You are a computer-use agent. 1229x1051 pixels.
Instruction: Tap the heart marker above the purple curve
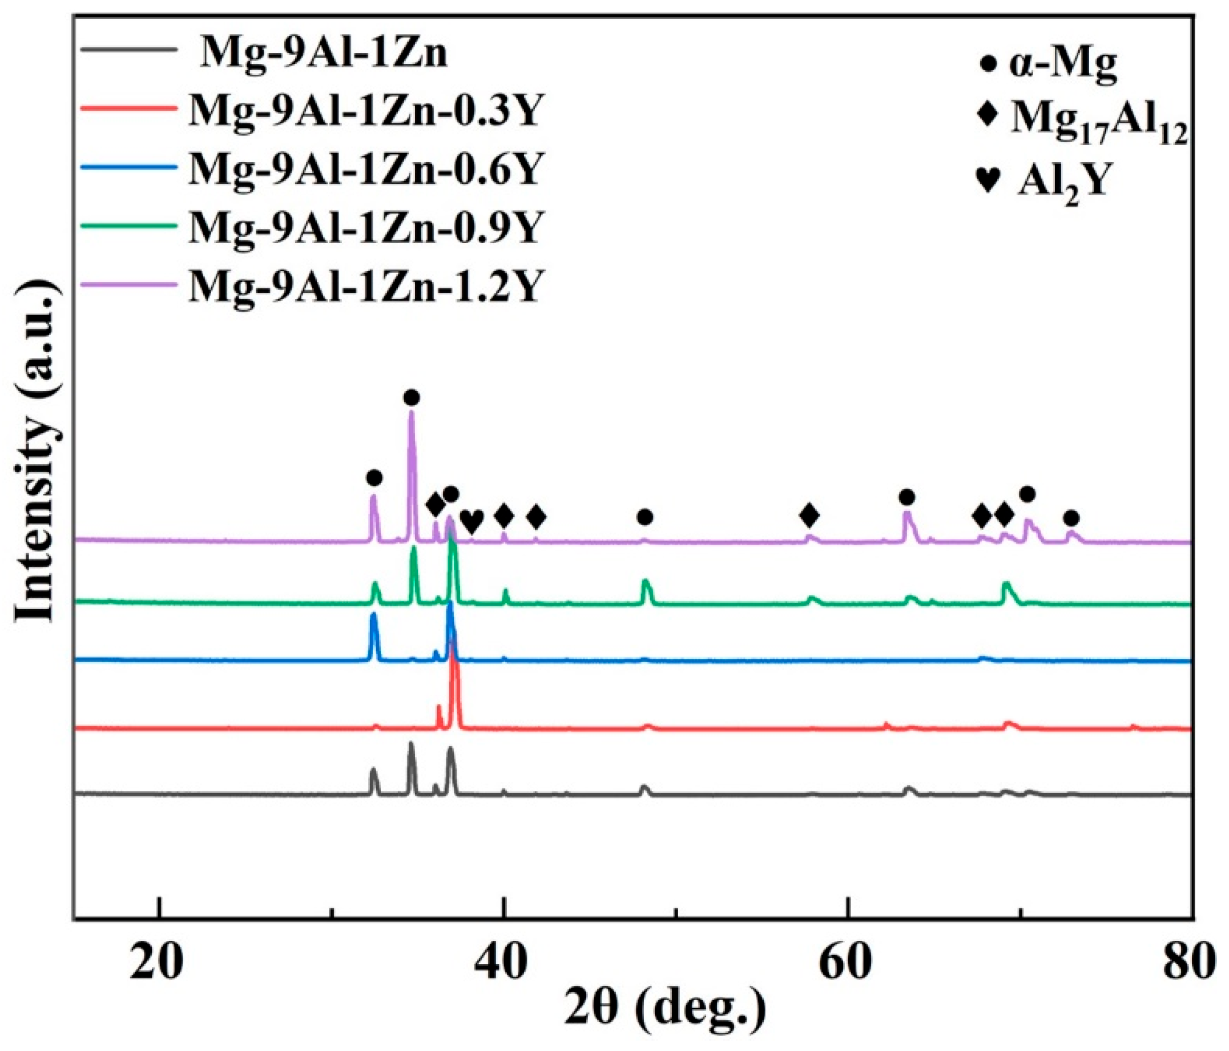pyautogui.click(x=472, y=521)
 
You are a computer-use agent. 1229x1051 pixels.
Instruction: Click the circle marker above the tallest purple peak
pyautogui.click(x=412, y=397)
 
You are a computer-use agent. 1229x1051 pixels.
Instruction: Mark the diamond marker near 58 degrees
pyautogui.click(x=809, y=516)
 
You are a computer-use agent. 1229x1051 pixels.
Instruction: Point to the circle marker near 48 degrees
pyautogui.click(x=646, y=518)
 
